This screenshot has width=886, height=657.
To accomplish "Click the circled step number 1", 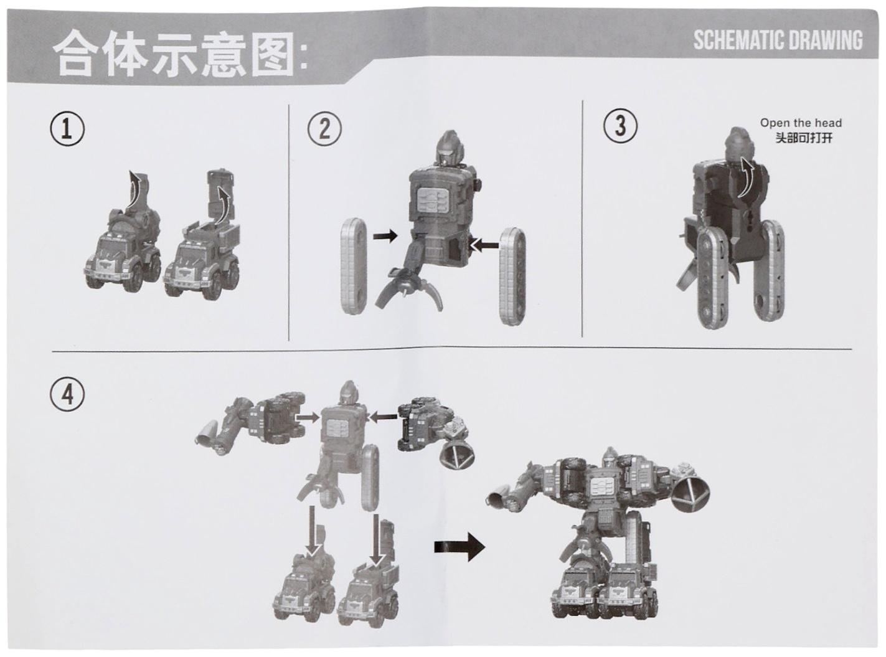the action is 67,130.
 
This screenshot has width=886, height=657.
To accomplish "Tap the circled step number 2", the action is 324,129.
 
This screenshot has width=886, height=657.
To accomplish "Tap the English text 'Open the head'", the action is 801,123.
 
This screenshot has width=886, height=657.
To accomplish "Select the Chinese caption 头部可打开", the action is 804,138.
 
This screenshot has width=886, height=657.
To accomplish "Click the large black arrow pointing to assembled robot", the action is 459,547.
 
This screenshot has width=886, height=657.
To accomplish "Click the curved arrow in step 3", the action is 746,176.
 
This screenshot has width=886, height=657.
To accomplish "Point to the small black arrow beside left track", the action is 385,236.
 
